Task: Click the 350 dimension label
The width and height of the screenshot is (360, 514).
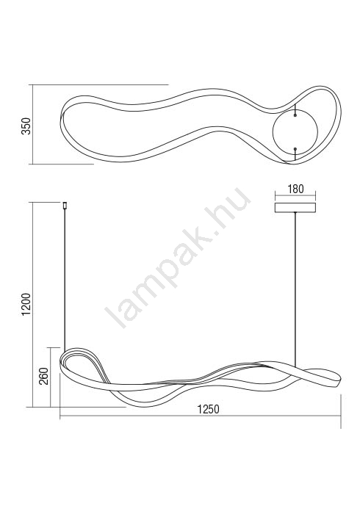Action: click(26, 126)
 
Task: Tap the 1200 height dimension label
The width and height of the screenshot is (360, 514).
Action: click(26, 305)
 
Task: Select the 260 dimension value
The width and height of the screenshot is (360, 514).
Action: click(43, 376)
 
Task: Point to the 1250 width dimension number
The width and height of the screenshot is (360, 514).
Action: click(208, 409)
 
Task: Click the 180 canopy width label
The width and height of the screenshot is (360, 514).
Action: click(295, 189)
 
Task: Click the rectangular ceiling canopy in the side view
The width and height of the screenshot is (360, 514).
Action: click(295, 208)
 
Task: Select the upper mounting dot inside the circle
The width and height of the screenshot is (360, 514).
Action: click(295, 115)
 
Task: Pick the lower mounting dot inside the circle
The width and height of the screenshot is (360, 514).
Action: click(295, 149)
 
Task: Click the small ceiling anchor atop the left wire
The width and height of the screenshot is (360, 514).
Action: click(65, 205)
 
